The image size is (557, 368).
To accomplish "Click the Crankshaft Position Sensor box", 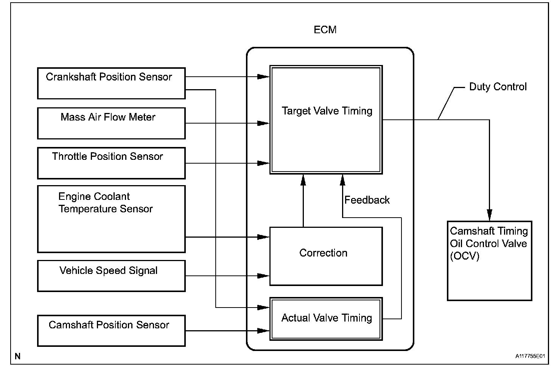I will point(111,83).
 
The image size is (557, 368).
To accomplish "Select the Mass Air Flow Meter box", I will point(111,123).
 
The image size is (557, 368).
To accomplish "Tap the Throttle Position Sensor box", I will point(111,163).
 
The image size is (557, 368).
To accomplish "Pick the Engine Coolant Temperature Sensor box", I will point(111,219).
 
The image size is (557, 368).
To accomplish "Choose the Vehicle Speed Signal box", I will point(111,276).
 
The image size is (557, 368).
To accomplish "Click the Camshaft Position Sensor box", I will point(111,331).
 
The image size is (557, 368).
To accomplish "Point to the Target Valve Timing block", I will point(326,119).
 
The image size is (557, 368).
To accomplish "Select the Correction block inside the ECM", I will point(326,256).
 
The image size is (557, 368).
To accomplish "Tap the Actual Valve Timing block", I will point(326,319).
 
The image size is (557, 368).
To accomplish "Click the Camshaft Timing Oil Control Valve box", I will point(489,261).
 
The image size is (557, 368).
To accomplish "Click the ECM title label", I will point(325,30).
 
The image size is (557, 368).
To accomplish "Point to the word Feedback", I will point(367,200).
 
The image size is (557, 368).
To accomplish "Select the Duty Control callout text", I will point(498,87).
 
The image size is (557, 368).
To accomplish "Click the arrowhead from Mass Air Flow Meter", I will point(263,123).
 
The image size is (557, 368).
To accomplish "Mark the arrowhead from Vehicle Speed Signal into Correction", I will point(263,276).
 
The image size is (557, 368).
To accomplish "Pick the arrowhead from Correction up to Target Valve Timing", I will point(303,180).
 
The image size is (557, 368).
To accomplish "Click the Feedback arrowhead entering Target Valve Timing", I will point(343,180).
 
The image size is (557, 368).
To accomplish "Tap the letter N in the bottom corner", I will point(17,356).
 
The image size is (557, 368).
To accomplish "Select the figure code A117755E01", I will point(530,356).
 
